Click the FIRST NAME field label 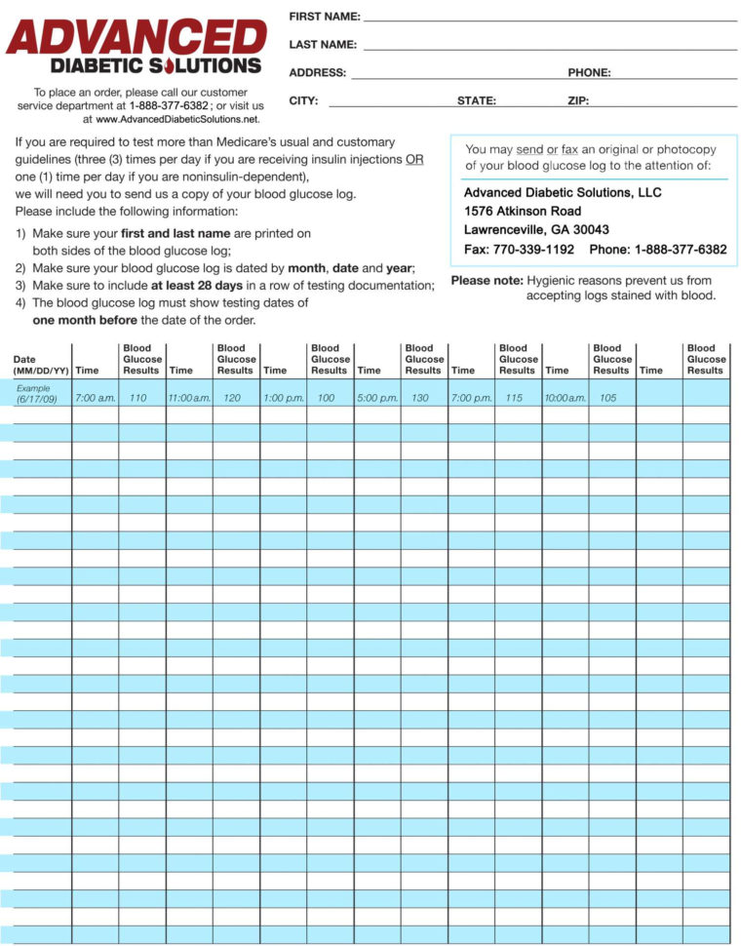tap(324, 17)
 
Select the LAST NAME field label tap(323, 45)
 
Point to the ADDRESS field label tap(317, 73)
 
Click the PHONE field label tap(589, 73)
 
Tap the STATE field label tap(477, 100)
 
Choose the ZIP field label tap(578, 100)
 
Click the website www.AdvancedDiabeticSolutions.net tap(177, 119)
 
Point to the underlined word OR tap(414, 159)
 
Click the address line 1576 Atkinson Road tap(523, 211)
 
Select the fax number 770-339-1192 tap(537, 250)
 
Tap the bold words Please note tap(487, 281)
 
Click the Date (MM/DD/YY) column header tap(40, 366)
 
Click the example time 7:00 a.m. tap(95, 398)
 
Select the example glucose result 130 tap(419, 398)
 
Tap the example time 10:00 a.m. tap(565, 398)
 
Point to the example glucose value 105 tap(608, 398)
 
